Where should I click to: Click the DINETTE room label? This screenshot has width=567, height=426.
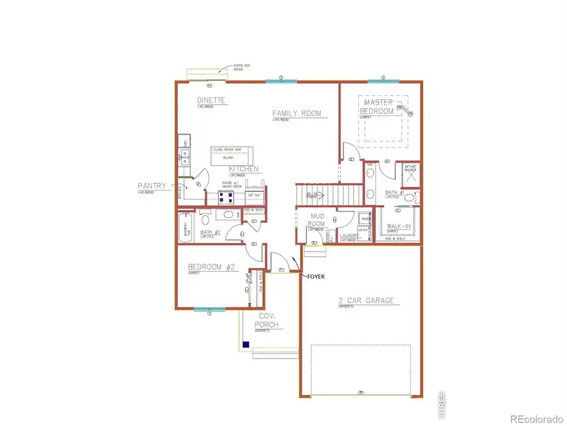point(211,100)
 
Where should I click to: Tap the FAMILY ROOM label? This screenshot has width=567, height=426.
point(296,114)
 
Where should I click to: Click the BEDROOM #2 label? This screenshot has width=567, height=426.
point(211,267)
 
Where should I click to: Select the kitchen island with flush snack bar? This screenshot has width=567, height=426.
point(231,154)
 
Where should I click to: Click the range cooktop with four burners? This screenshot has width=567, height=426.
point(226,196)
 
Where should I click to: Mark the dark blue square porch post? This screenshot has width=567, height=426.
point(245,345)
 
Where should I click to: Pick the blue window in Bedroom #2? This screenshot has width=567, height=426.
point(209,309)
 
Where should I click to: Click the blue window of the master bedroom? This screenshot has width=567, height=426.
point(381,81)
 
